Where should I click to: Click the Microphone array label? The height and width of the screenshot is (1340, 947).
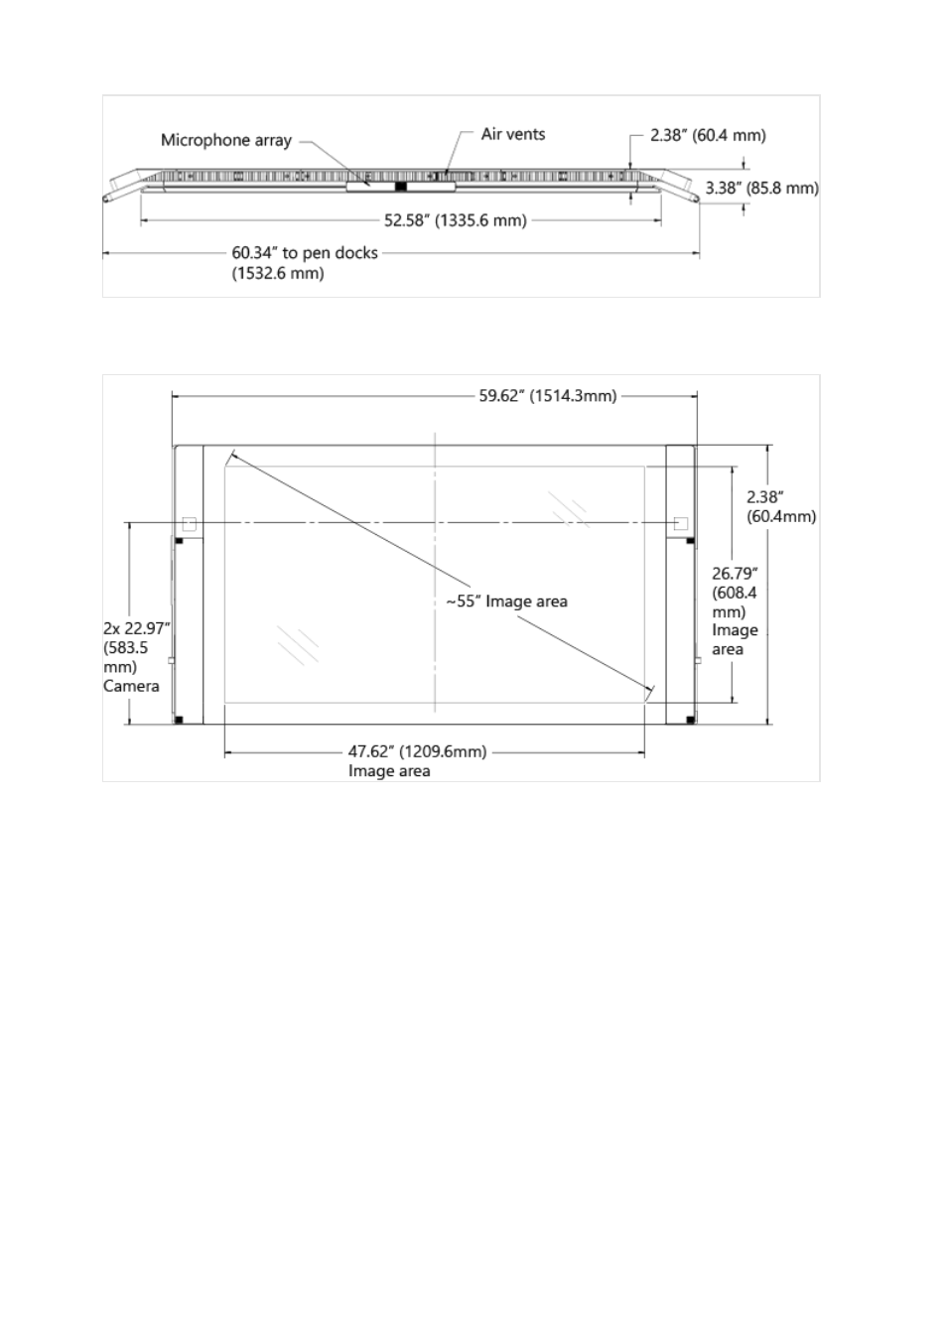pyautogui.click(x=226, y=140)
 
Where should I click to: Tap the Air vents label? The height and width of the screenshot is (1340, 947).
pyautogui.click(x=513, y=134)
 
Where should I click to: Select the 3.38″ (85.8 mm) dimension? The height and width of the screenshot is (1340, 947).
pyautogui.click(x=761, y=188)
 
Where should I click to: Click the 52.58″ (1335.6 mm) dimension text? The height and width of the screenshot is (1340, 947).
pyautogui.click(x=456, y=220)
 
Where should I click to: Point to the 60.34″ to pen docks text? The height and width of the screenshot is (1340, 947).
pyautogui.click(x=305, y=252)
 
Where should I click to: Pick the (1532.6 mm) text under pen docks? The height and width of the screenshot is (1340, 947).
pyautogui.click(x=278, y=273)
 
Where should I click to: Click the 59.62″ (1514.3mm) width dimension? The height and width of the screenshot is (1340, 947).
pyautogui.click(x=547, y=396)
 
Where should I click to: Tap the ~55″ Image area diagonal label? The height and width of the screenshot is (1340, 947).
pyautogui.click(x=506, y=602)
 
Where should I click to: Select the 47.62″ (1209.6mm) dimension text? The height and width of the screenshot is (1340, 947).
pyautogui.click(x=418, y=751)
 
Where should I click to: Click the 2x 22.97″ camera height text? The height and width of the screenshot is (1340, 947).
pyautogui.click(x=137, y=628)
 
